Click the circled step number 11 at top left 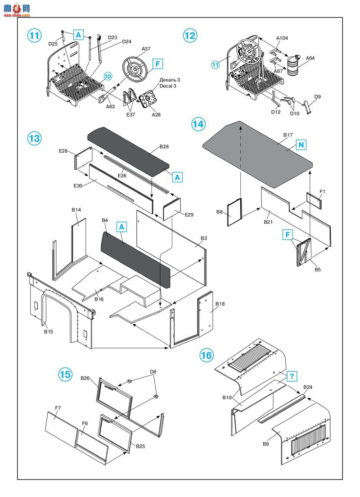35,35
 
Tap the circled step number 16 206,356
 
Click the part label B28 164,147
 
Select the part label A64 310,58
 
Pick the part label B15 49,332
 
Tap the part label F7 58,408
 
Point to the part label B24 308,387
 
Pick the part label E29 189,215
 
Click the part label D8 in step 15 153,372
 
